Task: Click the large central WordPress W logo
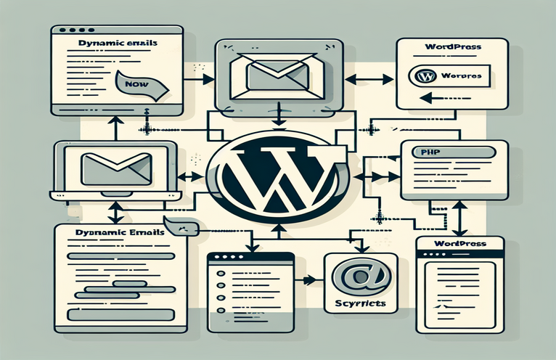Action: click(x=277, y=173)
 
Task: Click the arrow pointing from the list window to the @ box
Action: click(x=308, y=279)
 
